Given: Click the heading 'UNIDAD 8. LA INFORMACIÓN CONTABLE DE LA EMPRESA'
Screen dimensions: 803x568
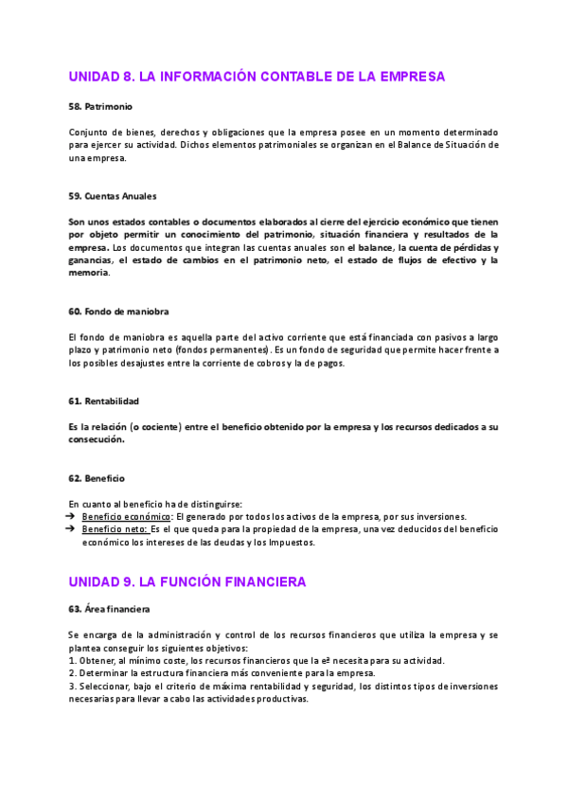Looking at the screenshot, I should (257, 77).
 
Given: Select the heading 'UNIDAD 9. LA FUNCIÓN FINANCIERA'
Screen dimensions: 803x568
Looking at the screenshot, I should (187, 581).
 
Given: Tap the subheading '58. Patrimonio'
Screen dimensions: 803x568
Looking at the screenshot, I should (101, 106).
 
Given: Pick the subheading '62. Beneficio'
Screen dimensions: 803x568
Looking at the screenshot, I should (97, 478).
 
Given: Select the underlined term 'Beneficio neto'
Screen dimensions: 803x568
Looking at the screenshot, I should (115, 530).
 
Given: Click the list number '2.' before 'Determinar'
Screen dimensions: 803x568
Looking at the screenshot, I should (73, 673).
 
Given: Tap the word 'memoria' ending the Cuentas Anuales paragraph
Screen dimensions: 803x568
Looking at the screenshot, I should (89, 274).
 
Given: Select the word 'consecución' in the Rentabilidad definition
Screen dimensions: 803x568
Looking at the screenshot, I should (96, 440).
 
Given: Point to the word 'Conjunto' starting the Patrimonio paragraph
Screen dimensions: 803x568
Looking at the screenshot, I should (90, 132).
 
